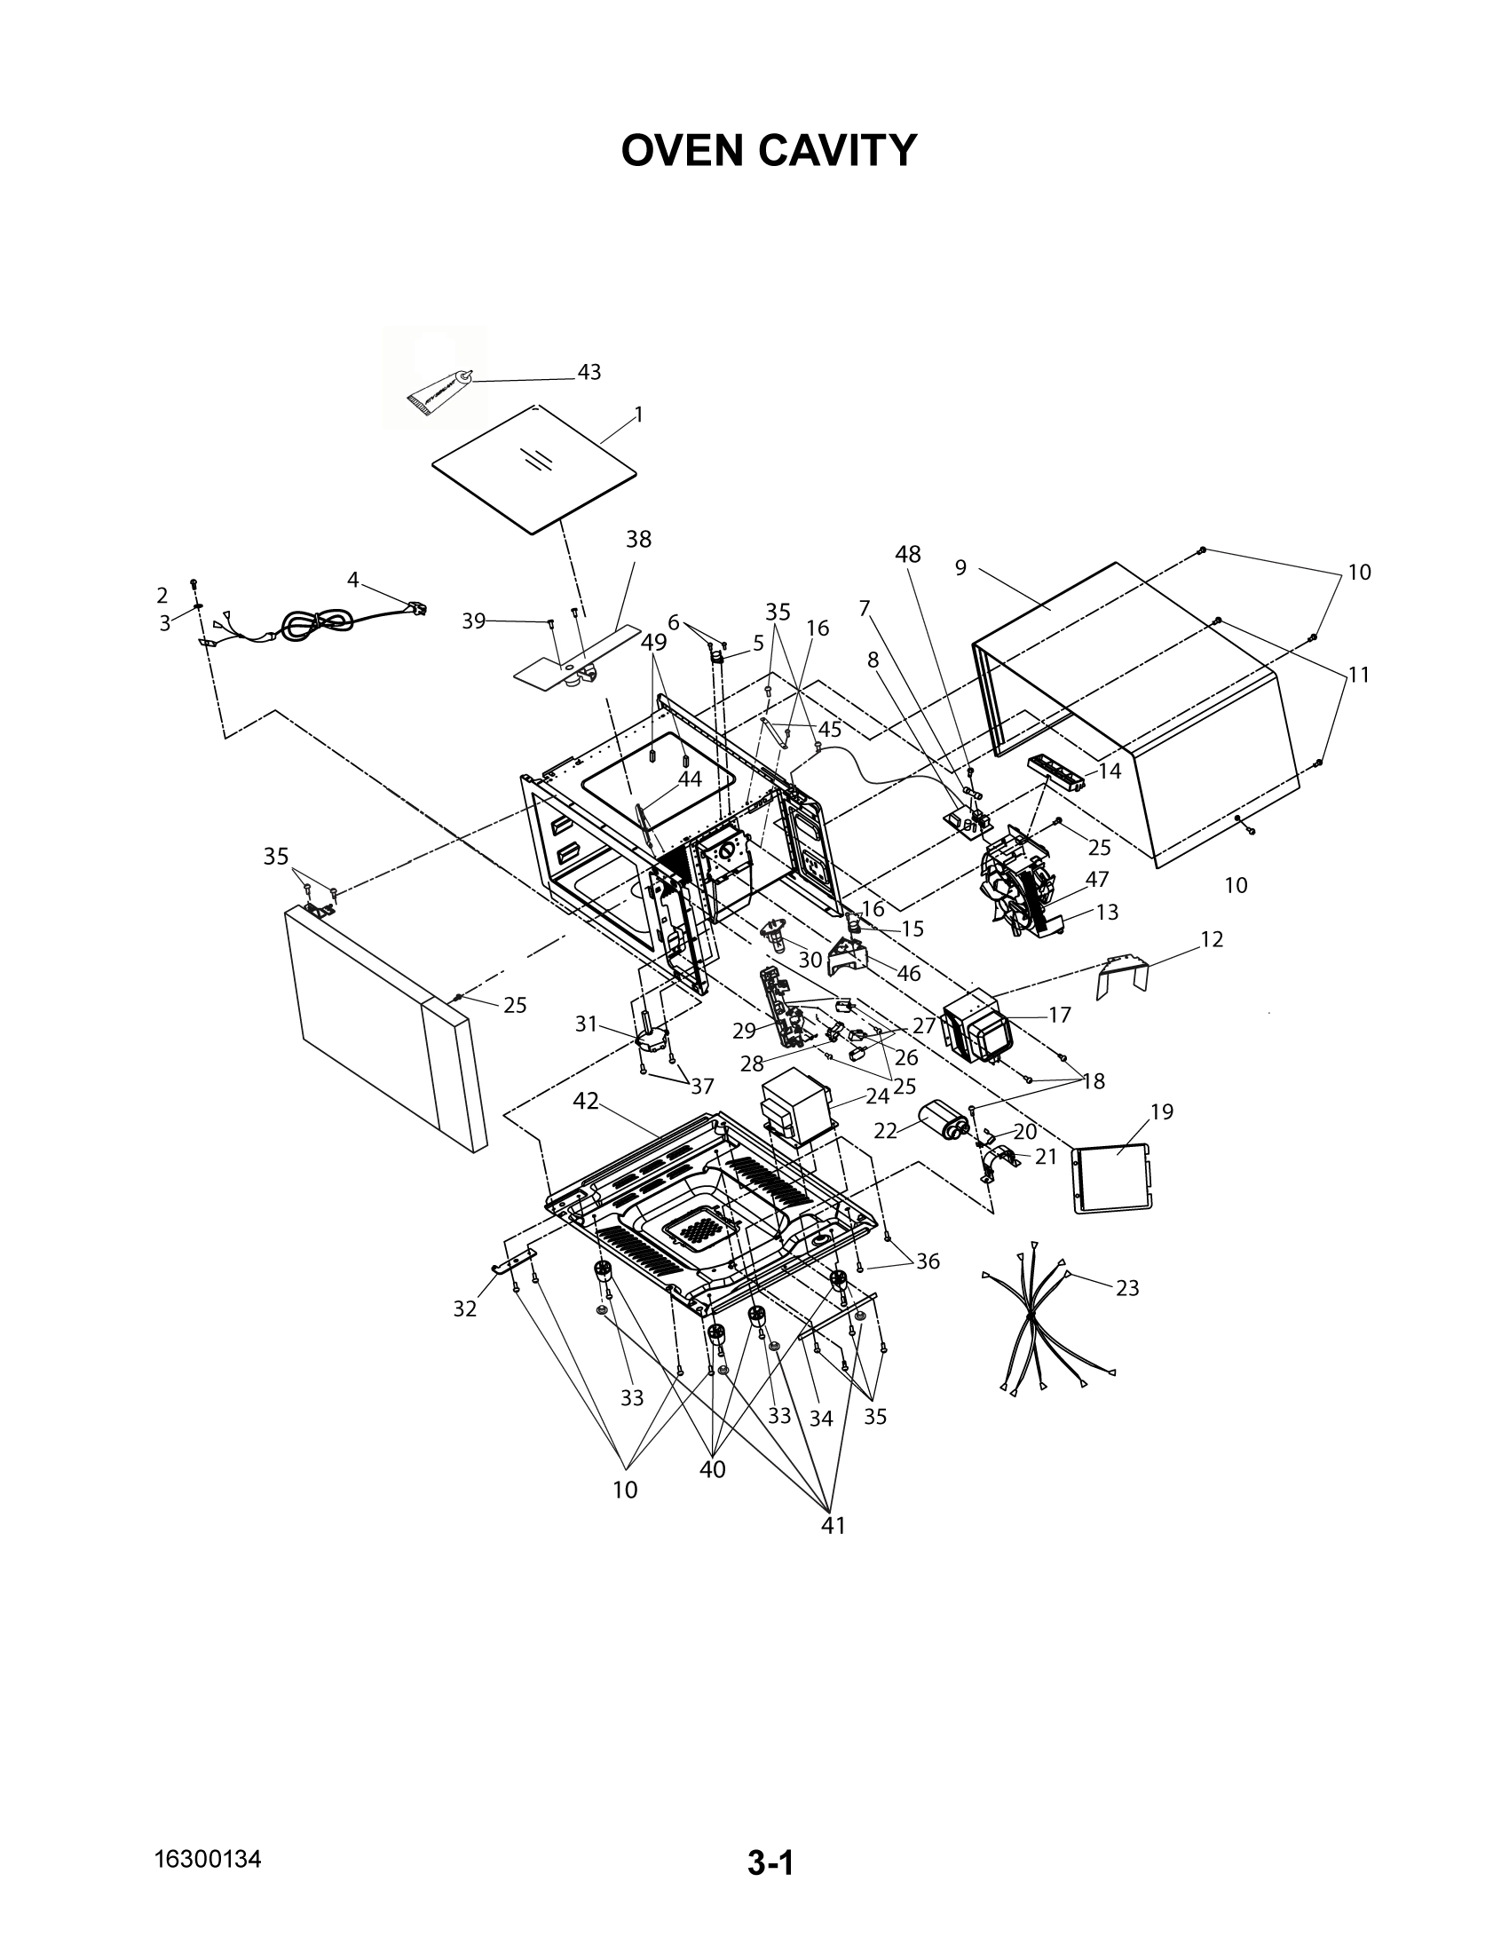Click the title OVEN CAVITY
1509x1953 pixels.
pos(769,150)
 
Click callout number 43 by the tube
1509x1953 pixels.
pos(589,372)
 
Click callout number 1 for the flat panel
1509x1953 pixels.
pos(638,414)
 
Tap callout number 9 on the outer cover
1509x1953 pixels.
pos(960,568)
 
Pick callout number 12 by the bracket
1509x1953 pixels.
pos(1212,940)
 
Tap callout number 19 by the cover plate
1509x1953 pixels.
pos(1161,1111)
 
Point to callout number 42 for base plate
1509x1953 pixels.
pos(586,1102)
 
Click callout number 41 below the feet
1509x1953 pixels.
pos(834,1525)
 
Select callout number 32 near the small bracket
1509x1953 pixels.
pos(465,1309)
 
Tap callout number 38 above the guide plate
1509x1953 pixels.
pos(638,539)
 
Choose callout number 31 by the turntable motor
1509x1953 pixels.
pos(586,1024)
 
